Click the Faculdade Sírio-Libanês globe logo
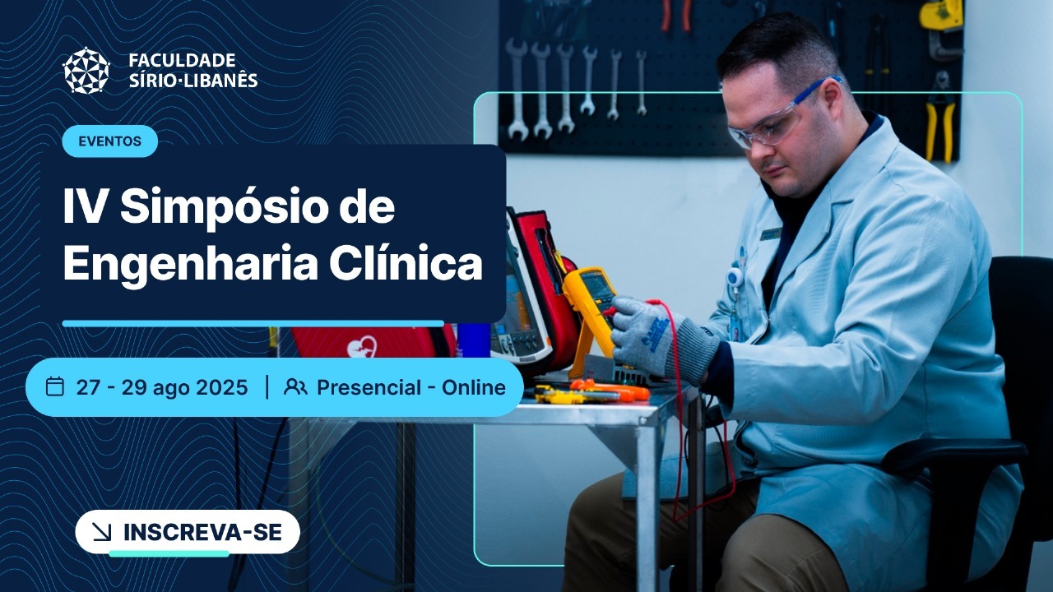pyautogui.click(x=86, y=71)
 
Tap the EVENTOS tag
pyautogui.click(x=109, y=141)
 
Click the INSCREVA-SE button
pyautogui.click(x=188, y=532)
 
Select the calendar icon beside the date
pyautogui.click(x=55, y=386)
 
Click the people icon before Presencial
pyautogui.click(x=295, y=386)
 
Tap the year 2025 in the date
pyautogui.click(x=221, y=387)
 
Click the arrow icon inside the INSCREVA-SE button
pyautogui.click(x=103, y=533)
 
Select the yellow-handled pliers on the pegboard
pyautogui.click(x=939, y=123)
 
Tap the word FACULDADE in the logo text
pyautogui.click(x=182, y=61)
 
